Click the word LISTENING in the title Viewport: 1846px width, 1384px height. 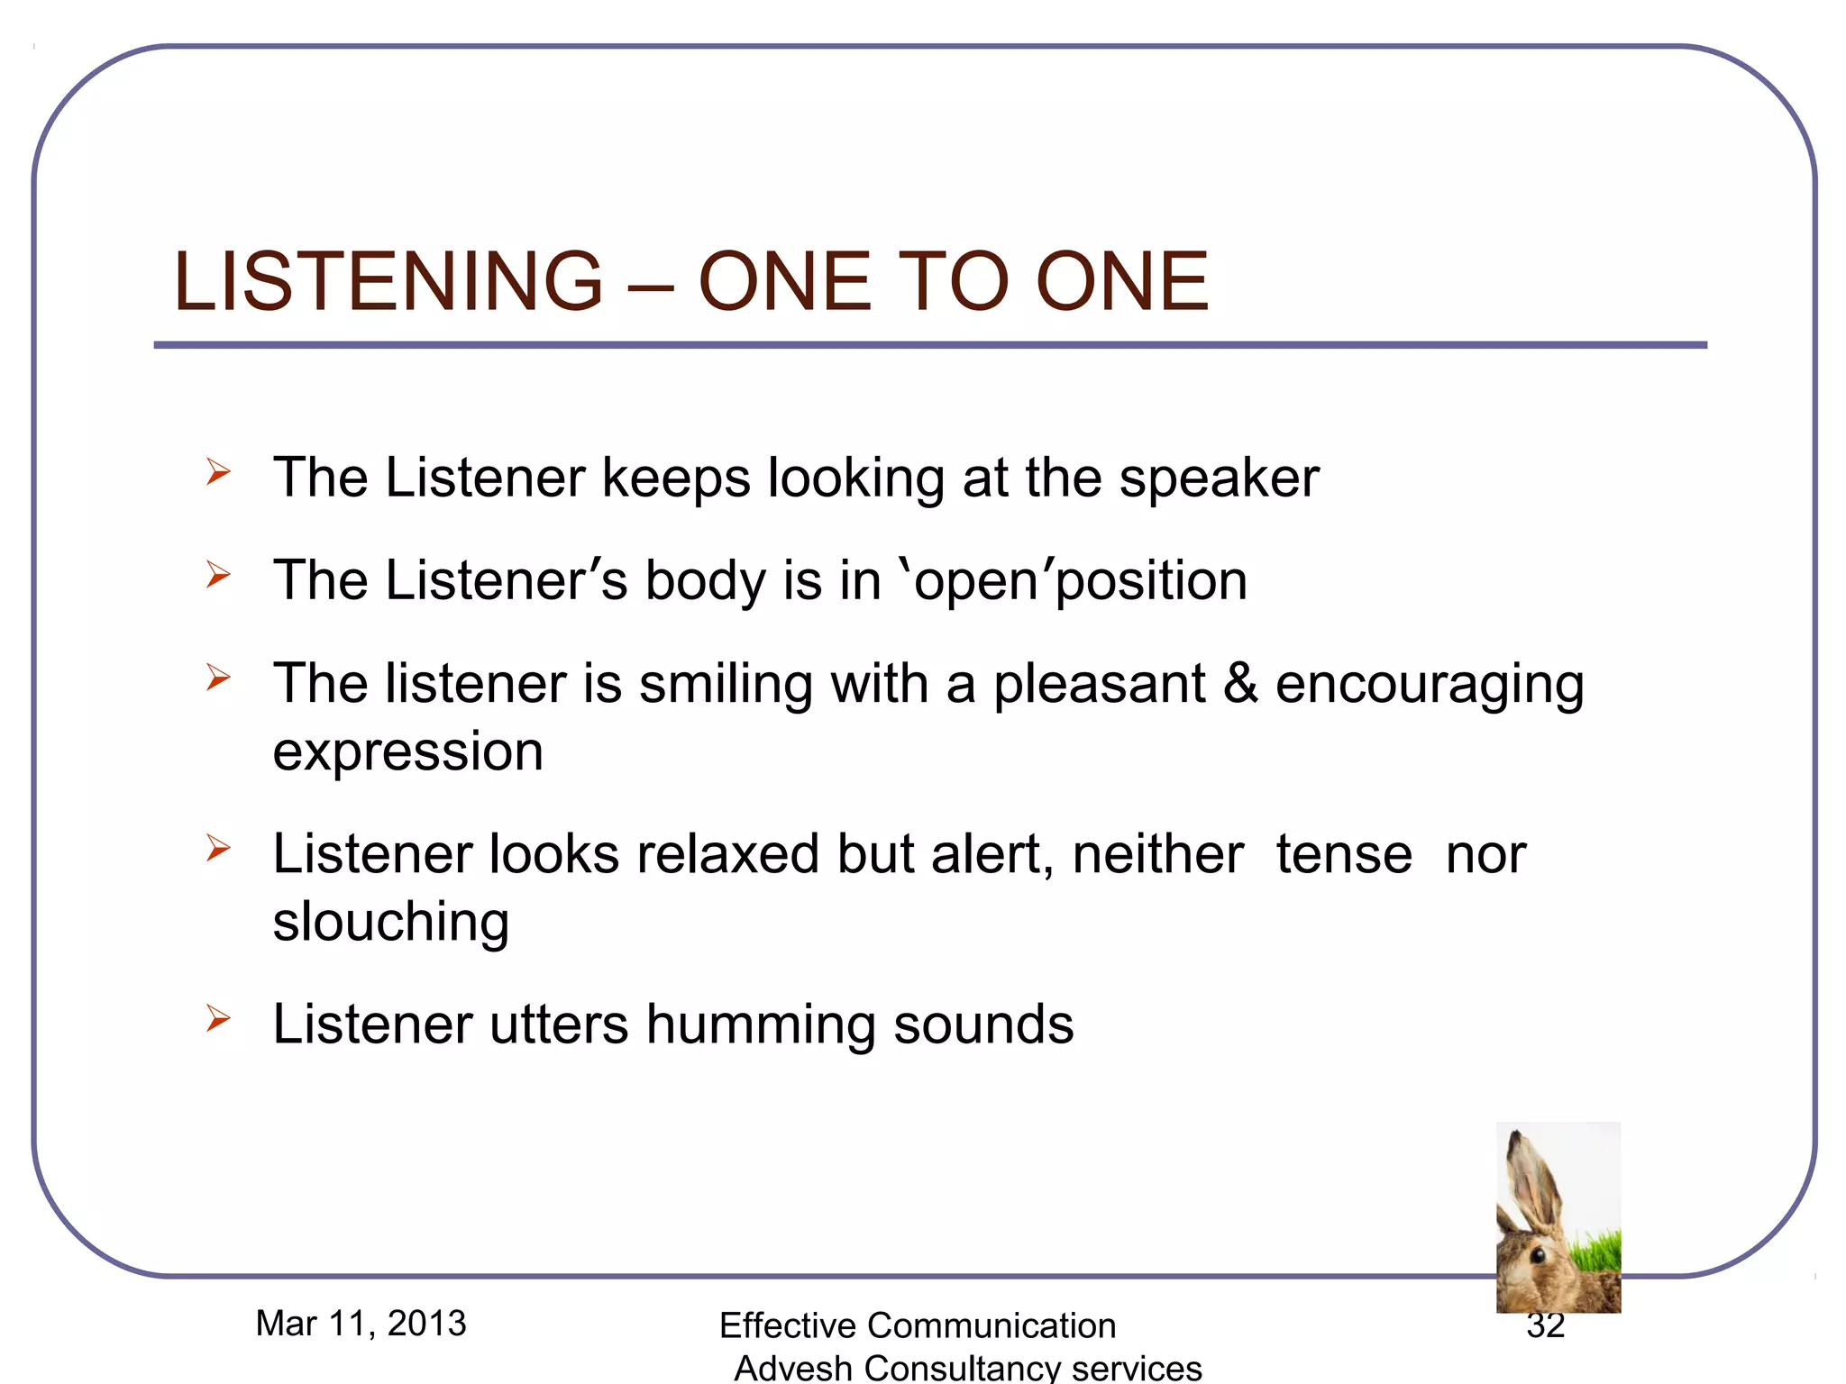pyautogui.click(x=388, y=282)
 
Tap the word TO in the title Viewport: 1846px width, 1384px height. pyautogui.click(x=955, y=282)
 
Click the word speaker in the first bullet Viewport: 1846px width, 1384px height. pyautogui.click(x=1219, y=478)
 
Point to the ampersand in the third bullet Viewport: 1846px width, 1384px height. pyautogui.click(x=1240, y=683)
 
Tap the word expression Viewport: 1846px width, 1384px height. pyautogui.click(x=408, y=752)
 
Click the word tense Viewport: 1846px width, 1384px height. pyautogui.click(x=1344, y=854)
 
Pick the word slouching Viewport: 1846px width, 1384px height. pyautogui.click(x=391, y=923)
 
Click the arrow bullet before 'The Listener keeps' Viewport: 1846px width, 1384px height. pyautogui.click(x=217, y=471)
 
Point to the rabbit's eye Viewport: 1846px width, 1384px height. pyautogui.click(x=1538, y=1254)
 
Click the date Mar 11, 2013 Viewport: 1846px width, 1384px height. pyautogui.click(x=361, y=1324)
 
